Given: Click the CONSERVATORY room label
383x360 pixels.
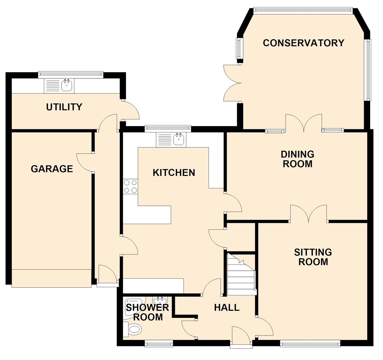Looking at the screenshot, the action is [303, 43].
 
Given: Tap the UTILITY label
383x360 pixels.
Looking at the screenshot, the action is [64, 107].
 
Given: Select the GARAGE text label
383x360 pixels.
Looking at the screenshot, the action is [52, 169].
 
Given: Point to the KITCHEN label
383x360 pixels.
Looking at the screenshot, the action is [174, 172].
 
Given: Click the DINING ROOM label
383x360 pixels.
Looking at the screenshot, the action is [297, 159].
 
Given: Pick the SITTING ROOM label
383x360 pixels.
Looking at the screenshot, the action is [313, 257].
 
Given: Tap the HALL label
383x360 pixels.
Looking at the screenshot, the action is [227, 308].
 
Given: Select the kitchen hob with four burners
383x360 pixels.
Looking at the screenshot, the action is [130, 186].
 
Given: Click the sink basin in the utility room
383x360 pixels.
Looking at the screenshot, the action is [67, 86].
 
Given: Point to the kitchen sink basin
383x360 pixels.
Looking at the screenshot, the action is [179, 139].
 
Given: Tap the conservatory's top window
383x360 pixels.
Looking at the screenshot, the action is [303, 11].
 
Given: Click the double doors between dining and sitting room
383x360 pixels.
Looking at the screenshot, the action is [308, 214].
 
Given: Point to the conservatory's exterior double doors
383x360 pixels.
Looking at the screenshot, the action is [232, 83].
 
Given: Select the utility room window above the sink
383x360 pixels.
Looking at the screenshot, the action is [71, 75].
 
